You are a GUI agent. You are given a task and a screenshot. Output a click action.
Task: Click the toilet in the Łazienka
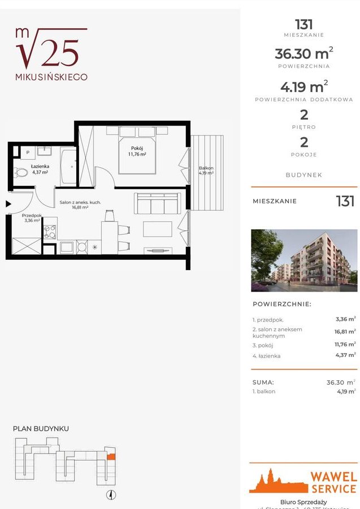(21, 172)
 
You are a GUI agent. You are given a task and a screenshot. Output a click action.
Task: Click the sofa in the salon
(157, 203)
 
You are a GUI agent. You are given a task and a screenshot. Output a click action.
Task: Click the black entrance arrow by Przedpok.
(8, 204)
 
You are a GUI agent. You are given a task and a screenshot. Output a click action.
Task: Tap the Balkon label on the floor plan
(206, 168)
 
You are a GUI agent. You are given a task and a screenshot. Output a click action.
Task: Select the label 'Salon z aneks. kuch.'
(81, 202)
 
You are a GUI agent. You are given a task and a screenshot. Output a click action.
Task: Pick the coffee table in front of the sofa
(158, 229)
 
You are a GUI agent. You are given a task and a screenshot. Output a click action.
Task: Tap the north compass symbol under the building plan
(112, 495)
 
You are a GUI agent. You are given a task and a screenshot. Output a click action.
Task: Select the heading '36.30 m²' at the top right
(303, 54)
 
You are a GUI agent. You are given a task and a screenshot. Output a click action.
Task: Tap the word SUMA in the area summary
(263, 382)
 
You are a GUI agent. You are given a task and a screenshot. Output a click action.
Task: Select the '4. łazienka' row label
(266, 356)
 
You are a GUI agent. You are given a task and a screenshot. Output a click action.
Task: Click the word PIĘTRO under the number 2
(304, 127)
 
